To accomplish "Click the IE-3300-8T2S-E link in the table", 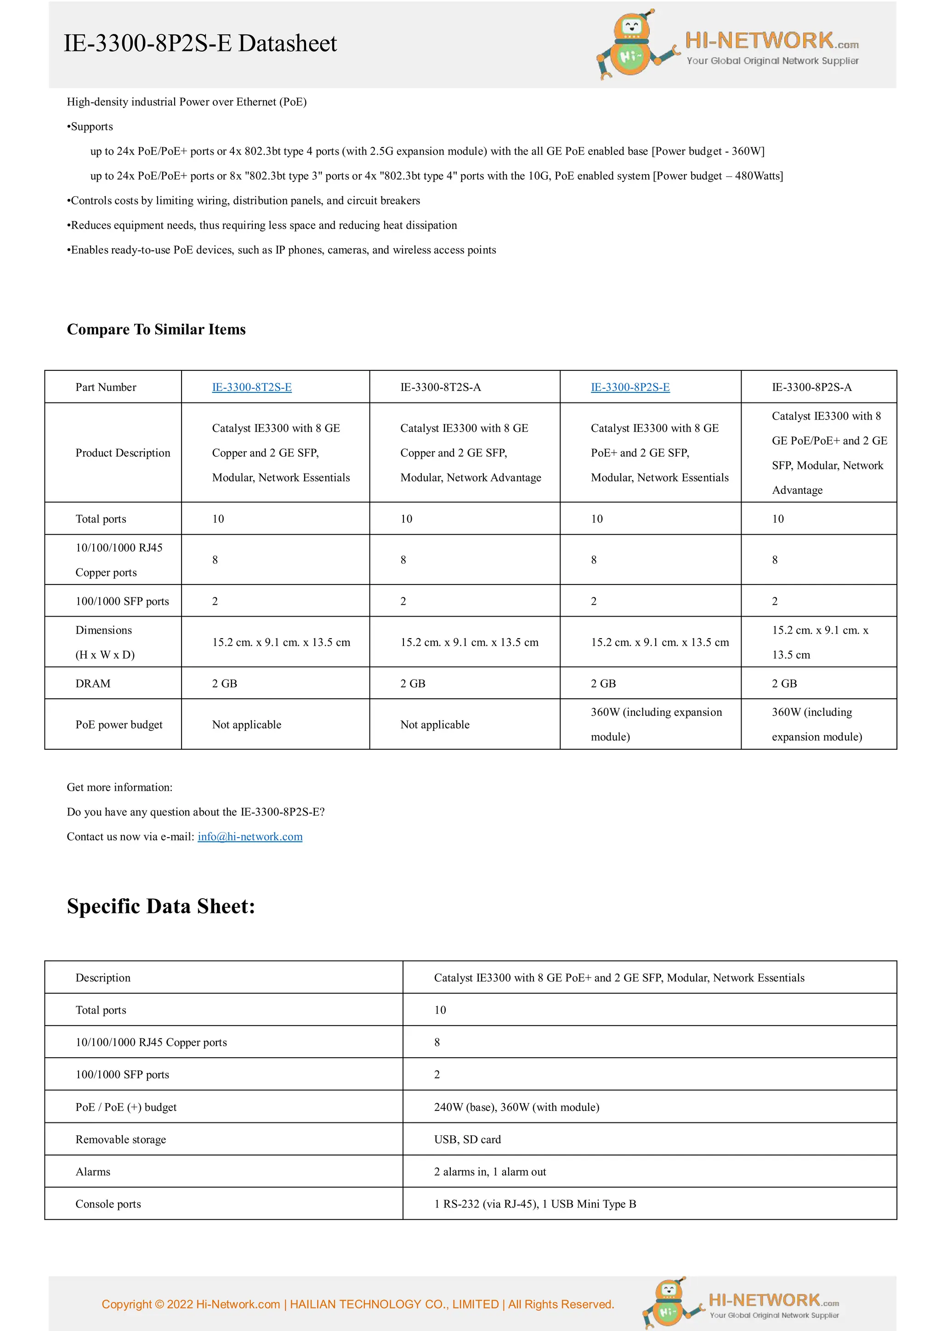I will [x=252, y=387].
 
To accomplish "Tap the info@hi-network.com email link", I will [x=250, y=837].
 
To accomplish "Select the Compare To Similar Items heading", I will [x=156, y=329].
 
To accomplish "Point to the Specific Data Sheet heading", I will [x=161, y=906].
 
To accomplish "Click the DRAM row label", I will [x=93, y=684].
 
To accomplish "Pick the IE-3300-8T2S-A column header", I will [x=440, y=387].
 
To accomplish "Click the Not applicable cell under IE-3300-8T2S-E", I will [x=246, y=725].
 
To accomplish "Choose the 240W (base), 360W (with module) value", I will [x=516, y=1107].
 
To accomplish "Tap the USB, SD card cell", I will [x=467, y=1140].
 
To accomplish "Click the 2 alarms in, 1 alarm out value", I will [x=490, y=1172].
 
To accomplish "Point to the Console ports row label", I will [x=108, y=1204].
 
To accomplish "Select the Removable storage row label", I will [x=120, y=1140].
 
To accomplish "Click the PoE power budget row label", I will [x=119, y=725].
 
